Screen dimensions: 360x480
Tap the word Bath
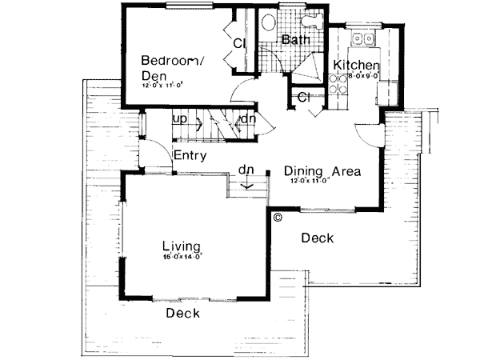(x=296, y=39)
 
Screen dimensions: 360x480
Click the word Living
(x=180, y=246)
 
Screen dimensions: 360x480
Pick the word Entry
(x=190, y=156)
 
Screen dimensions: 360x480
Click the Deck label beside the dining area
(x=317, y=238)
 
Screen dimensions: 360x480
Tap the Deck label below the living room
(x=182, y=313)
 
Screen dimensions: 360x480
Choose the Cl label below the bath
(x=304, y=98)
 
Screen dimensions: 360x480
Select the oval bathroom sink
(x=269, y=22)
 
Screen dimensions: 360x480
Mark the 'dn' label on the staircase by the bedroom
(x=248, y=119)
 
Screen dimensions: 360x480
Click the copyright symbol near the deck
(x=278, y=216)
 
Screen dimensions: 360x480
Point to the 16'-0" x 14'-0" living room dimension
(x=180, y=258)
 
